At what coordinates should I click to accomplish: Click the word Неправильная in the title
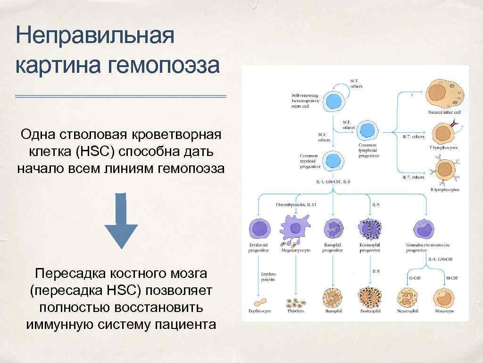95,36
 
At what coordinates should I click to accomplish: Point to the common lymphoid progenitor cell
366,131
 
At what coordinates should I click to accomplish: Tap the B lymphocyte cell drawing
443,172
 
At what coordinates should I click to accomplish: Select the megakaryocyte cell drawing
295,229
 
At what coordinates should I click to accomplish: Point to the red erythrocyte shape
259,301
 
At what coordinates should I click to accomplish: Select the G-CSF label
415,278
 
